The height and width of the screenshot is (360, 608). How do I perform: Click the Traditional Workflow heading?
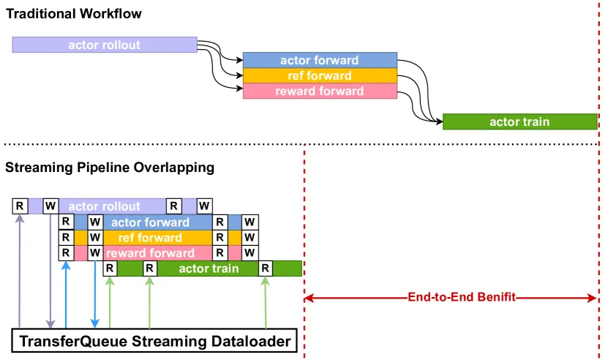[74, 14]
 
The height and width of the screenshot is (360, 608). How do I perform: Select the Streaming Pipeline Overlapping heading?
[110, 168]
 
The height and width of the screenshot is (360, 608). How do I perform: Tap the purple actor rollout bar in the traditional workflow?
[105, 45]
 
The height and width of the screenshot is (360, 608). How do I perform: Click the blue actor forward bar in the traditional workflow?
[320, 60]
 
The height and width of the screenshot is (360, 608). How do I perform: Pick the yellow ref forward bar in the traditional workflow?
[320, 75]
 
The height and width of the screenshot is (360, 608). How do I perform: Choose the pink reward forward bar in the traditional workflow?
[320, 91]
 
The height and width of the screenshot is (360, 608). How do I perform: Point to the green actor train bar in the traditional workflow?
[520, 121]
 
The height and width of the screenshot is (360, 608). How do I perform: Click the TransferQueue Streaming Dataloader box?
[154, 341]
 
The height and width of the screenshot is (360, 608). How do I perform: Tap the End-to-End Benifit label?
[462, 297]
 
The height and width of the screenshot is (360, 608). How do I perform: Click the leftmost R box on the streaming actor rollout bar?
[20, 206]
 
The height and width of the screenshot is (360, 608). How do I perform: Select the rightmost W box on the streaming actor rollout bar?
[204, 206]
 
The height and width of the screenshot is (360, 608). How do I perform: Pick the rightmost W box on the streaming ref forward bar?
[250, 237]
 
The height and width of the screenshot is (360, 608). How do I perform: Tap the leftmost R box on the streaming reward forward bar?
[66, 252]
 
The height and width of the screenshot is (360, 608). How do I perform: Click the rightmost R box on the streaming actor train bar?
[266, 268]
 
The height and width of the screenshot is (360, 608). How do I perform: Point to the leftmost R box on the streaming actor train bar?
[110, 268]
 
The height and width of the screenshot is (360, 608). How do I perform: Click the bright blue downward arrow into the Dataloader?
[94, 294]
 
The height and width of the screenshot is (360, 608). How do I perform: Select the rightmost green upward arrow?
[266, 302]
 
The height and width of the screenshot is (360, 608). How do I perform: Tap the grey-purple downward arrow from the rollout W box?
[50, 271]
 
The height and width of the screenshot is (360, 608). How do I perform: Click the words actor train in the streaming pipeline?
[209, 269]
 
